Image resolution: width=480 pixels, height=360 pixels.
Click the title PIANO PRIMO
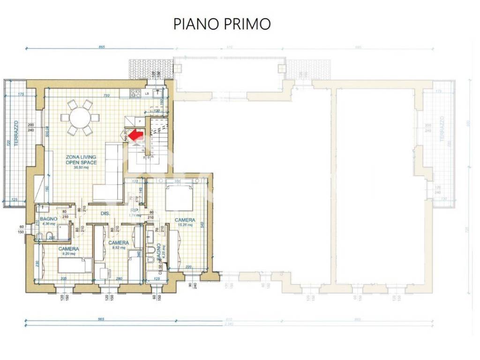point(222,24)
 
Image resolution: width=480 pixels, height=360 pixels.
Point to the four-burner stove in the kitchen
point(136,93)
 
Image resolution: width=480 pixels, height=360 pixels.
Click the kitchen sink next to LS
point(154,93)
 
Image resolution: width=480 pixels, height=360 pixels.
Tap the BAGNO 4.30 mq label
point(48,221)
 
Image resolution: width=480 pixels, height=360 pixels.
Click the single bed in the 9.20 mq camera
point(75,265)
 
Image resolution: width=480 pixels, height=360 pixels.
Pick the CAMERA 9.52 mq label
point(118,245)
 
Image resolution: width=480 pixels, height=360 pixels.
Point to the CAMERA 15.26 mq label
point(185,222)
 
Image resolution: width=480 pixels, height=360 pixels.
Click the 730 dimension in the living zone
point(106,96)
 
